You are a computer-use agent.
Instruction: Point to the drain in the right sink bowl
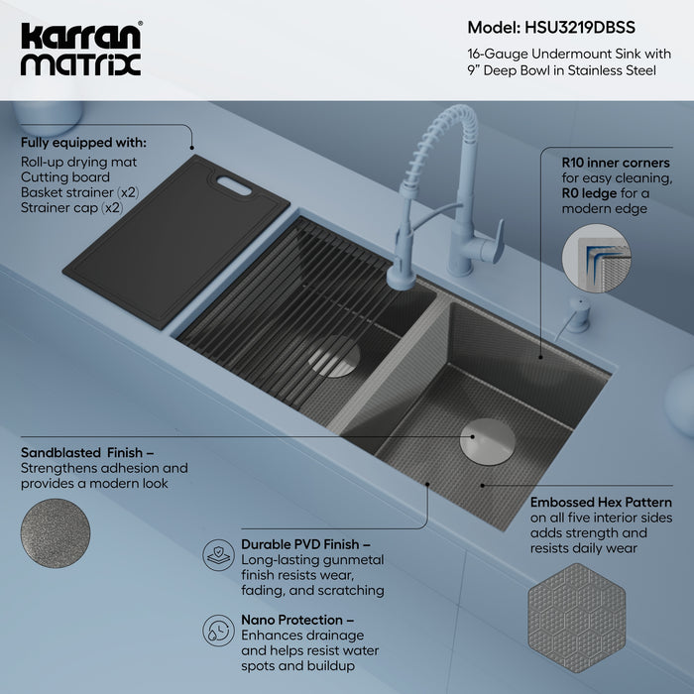coord(483,436)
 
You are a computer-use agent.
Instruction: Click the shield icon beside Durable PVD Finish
coord(217,554)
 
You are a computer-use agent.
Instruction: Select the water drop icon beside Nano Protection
coord(217,630)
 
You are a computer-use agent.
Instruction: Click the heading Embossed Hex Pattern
coord(601,503)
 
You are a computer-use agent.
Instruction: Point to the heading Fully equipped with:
coord(83,142)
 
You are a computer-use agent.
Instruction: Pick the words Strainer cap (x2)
coord(70,209)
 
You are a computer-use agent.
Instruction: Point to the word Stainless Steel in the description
coord(612,70)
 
